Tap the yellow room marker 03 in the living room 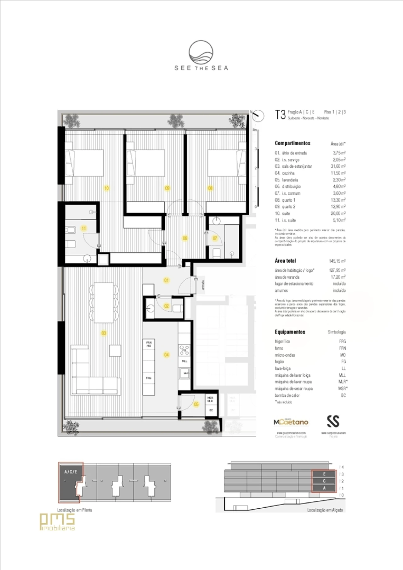104,333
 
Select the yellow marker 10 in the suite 106,188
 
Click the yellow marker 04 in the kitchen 166,355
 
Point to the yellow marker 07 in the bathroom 215,238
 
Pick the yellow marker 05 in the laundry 196,404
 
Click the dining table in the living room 104,302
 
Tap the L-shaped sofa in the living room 94,377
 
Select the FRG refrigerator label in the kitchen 149,378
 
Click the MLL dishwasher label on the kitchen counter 184,361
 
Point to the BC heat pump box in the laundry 211,410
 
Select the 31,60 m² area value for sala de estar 339,166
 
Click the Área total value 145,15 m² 337,261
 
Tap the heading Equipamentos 290,332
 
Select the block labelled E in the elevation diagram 324,474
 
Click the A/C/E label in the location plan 71,472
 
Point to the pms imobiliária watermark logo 57,522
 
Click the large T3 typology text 280,115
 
